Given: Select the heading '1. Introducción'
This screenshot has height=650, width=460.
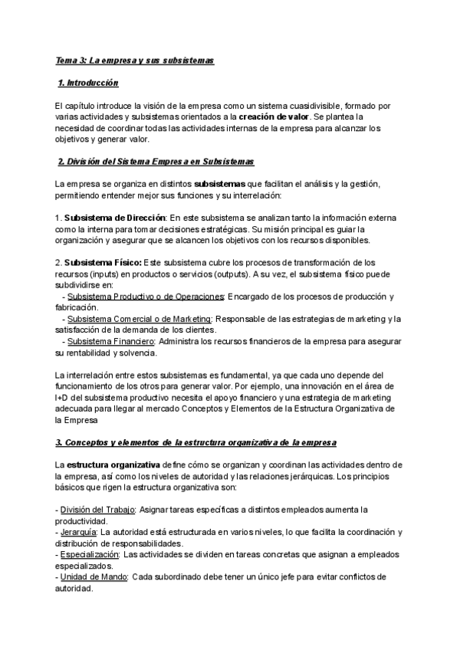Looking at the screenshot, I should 87,82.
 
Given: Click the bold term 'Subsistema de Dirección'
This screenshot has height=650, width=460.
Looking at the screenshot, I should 114,218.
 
